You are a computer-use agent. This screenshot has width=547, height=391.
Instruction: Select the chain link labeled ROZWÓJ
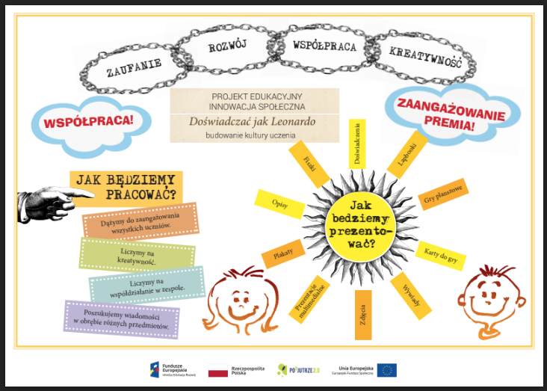pos(221,48)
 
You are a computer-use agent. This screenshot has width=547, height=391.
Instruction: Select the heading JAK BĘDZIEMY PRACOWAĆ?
pos(127,187)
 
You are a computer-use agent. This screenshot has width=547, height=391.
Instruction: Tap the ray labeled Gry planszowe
pos(442,194)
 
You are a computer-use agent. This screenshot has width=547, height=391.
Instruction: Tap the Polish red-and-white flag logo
pos(217,370)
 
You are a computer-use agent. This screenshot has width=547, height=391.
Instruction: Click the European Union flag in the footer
pos(386,370)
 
